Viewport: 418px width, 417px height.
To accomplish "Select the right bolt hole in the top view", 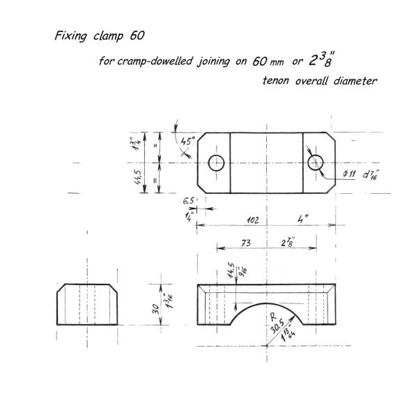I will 316,162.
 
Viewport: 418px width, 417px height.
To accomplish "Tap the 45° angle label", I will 188,141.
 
